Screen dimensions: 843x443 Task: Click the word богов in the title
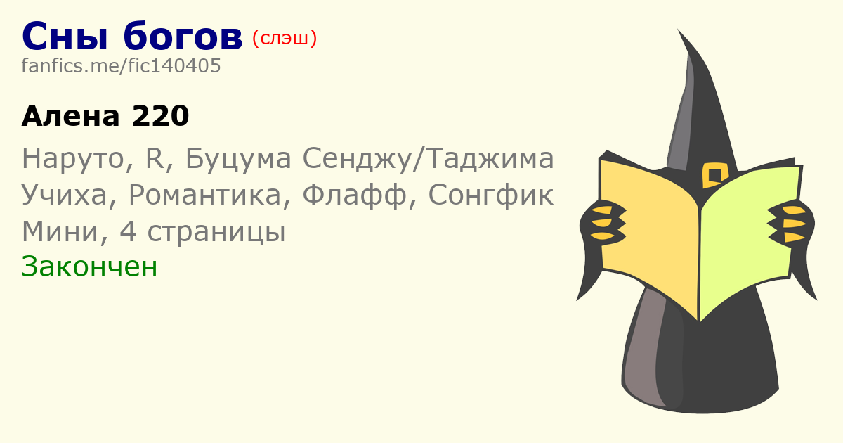pos(183,35)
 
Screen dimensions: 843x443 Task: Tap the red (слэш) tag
pos(285,39)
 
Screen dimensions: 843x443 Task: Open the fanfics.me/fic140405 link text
pos(121,66)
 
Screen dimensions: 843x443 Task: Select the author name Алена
pos(71,116)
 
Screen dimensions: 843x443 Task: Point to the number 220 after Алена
pos(161,116)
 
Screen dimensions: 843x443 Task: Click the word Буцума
pos(239,159)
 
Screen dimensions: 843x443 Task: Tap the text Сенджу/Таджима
pos(429,159)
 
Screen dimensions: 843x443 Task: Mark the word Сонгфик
pos(491,195)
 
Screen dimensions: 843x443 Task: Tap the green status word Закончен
pos(89,267)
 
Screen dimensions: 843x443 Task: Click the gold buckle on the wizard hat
pos(714,175)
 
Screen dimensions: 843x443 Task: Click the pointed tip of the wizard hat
pos(679,30)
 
